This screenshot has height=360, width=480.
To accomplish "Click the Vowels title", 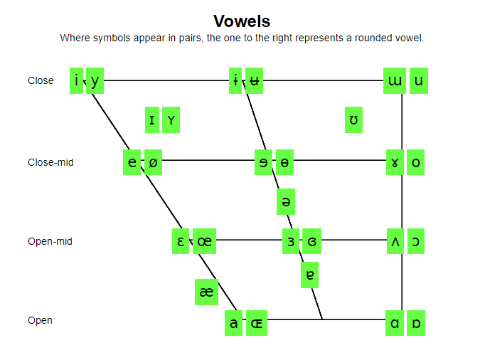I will [242, 21].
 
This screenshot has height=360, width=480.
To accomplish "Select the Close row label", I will [41, 80].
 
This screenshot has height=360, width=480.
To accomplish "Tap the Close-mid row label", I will [50, 162].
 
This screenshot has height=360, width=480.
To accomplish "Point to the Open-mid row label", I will [50, 241].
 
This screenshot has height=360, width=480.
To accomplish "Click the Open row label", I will [40, 320].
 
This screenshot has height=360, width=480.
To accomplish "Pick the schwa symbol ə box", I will [286, 202].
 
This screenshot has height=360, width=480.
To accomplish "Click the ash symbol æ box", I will [206, 292].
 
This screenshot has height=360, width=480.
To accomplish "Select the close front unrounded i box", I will [77, 80].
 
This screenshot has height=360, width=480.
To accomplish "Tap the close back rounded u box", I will [418, 80].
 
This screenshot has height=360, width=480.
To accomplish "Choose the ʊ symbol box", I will [353, 120].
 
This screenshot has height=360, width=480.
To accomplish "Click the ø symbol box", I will [153, 162].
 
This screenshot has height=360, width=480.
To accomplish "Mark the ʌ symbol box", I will [395, 241].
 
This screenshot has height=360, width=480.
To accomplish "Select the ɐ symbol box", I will [309, 275].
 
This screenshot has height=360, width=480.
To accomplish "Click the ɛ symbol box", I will [181, 241].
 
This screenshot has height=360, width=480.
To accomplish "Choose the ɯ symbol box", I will [395, 80].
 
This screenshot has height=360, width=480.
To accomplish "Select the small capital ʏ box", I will [171, 120].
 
